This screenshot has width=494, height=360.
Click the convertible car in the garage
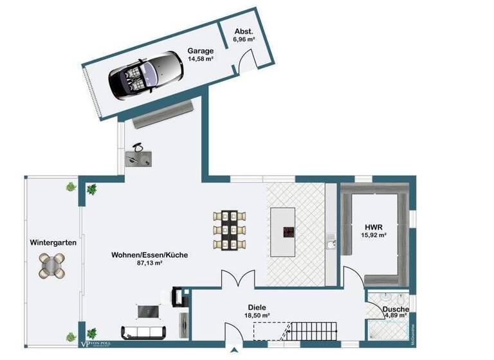point(143,75)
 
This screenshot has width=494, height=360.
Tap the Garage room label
point(200,50)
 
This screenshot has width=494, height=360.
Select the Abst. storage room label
point(244,31)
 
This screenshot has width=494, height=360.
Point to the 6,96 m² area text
point(244,40)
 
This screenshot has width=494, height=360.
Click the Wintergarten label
point(53,243)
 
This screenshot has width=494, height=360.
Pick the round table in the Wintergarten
point(52,264)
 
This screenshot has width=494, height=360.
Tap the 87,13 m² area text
point(149,264)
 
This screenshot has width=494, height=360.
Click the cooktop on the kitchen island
point(286,233)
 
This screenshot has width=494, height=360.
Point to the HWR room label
point(374,227)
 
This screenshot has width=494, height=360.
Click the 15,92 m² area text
point(374,236)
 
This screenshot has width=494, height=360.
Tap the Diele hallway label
point(256,307)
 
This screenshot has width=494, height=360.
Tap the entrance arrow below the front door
point(234,351)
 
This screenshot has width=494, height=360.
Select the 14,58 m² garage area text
point(201,59)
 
